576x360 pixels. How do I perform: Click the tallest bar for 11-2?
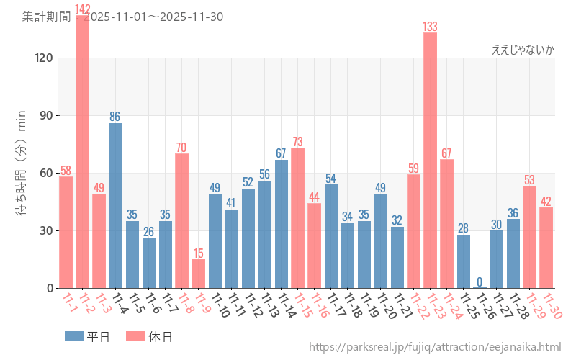pos(82,151)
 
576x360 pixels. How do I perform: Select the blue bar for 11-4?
pos(116,205)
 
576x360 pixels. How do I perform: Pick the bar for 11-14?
pos(282,224)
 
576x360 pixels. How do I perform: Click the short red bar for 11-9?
pos(199,274)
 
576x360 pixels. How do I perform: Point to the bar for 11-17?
pos(331,236)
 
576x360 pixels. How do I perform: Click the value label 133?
pos(430,27)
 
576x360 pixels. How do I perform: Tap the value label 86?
pos(116,117)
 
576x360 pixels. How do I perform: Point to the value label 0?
pos(480,282)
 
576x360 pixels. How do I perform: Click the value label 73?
pos(297,141)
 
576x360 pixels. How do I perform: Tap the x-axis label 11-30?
pos(552,305)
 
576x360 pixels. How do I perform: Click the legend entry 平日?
pos(87,336)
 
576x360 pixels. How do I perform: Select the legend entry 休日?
pos(148,336)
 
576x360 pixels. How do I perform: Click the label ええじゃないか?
pos(523,50)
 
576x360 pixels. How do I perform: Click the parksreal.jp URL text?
pos(435,348)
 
